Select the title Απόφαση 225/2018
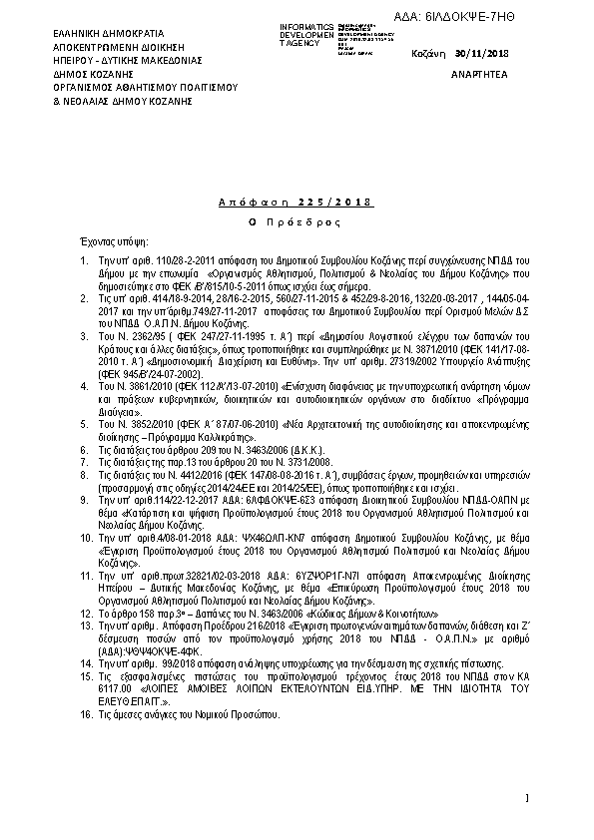pyautogui.click(x=294, y=204)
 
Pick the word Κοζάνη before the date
pyautogui.click(x=429, y=53)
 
